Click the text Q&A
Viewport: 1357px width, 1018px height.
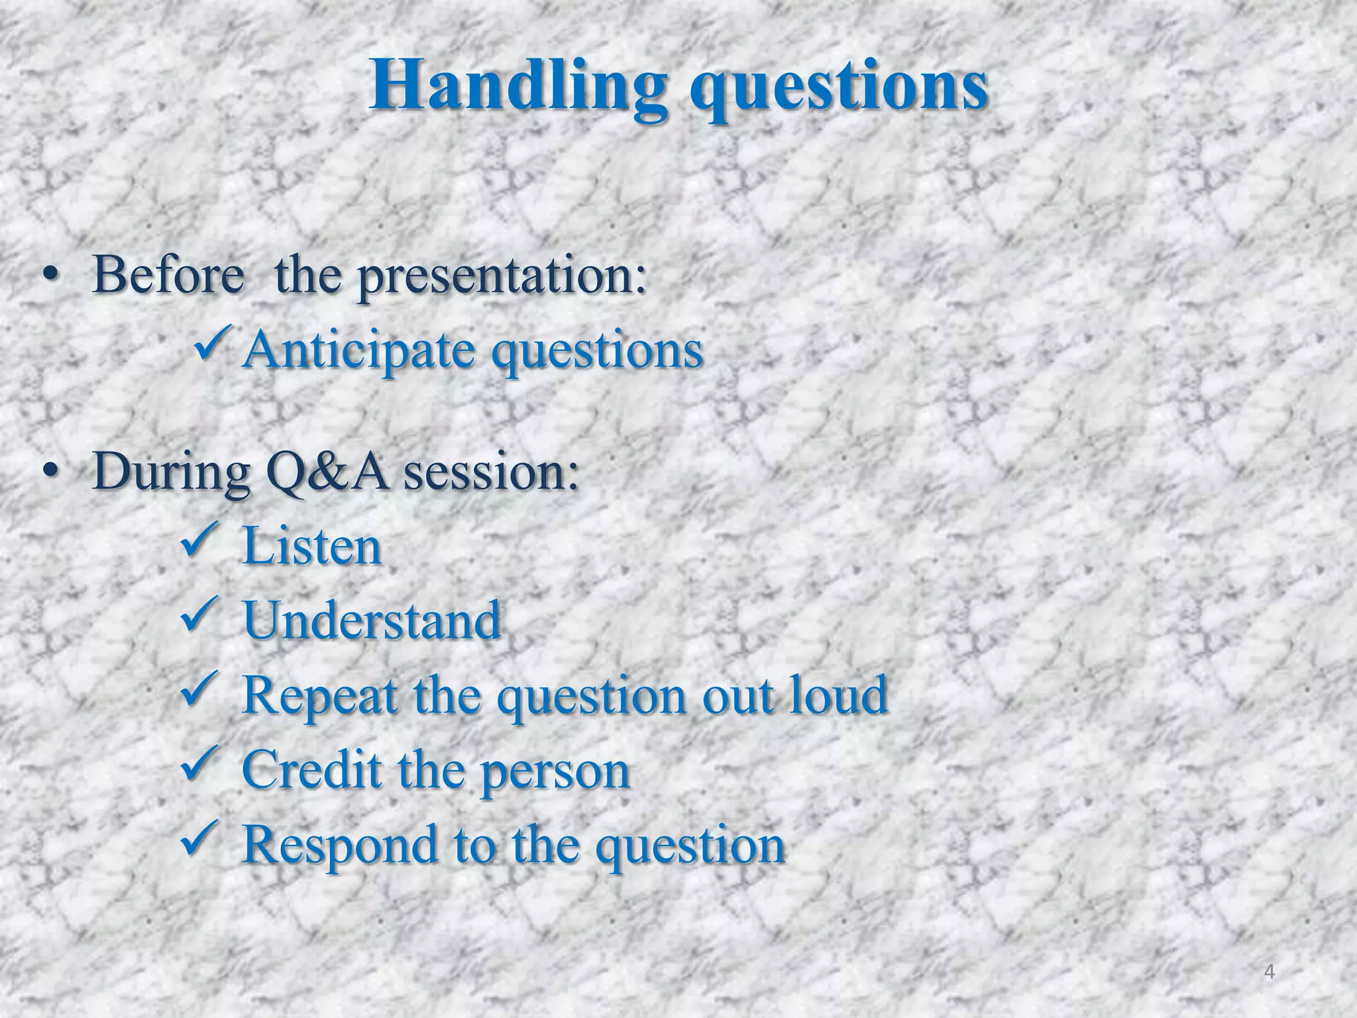point(327,472)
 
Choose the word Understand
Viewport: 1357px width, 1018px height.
point(372,620)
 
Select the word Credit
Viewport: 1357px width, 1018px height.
point(312,769)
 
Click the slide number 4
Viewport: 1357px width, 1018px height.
point(1269,972)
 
